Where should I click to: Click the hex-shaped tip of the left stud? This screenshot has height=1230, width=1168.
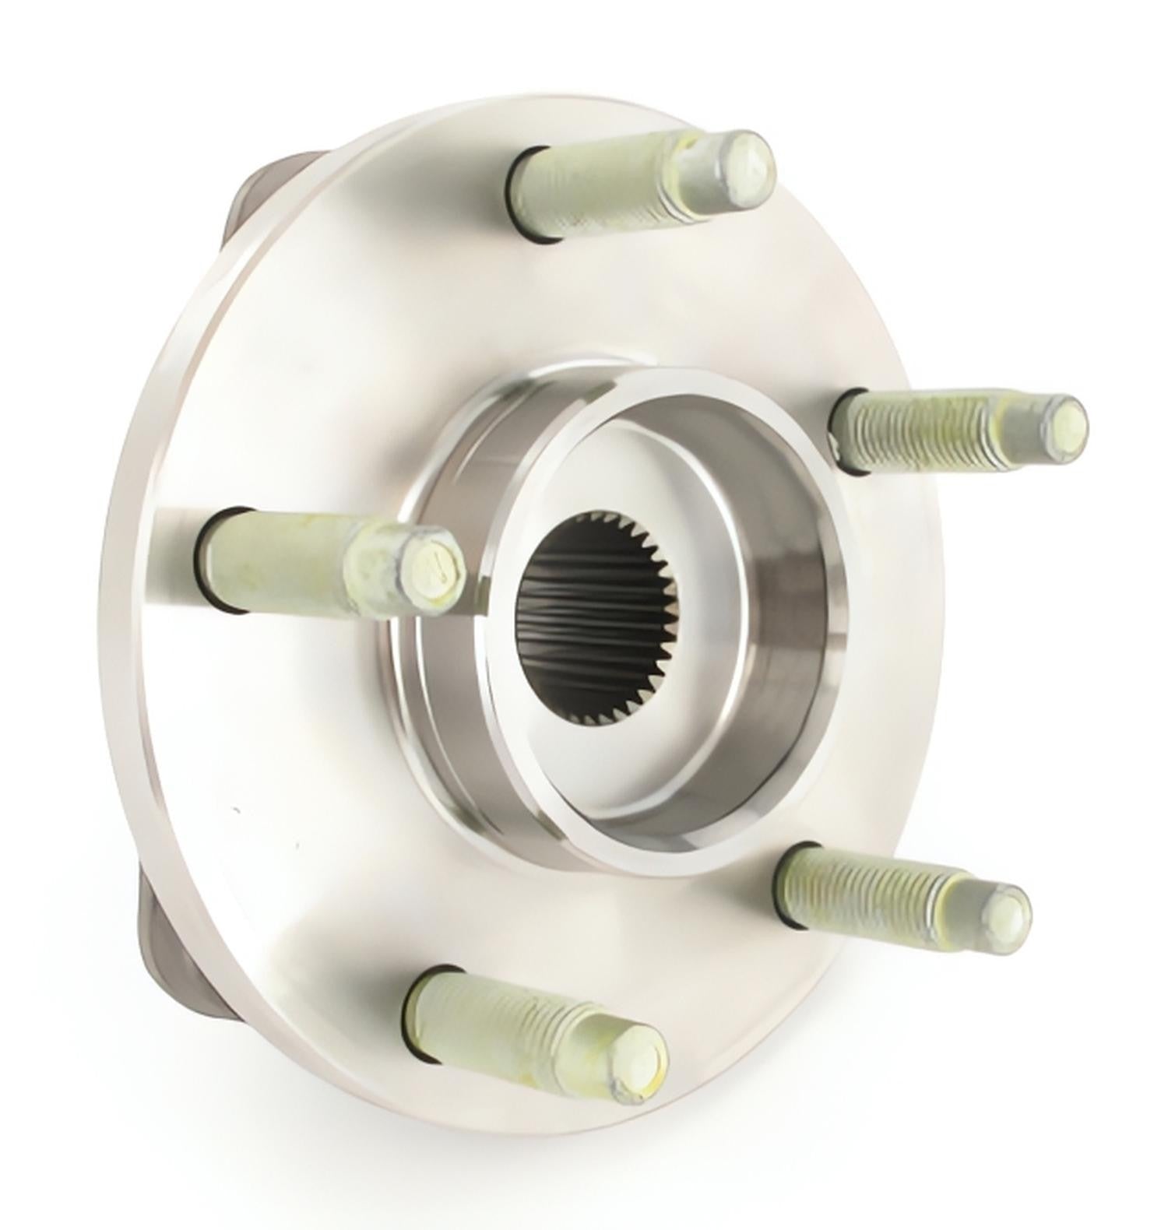pyautogui.click(x=430, y=567)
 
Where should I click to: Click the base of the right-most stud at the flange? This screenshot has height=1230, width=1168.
pyautogui.click(x=845, y=432)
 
